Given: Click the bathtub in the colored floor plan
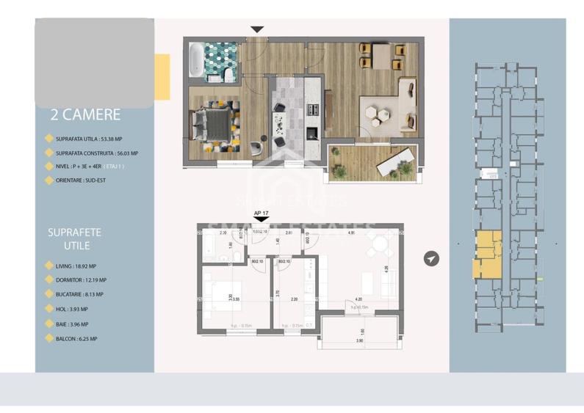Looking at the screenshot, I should [196, 59].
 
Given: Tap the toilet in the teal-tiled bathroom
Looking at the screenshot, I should [228, 75].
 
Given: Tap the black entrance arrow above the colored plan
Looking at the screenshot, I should [256, 29].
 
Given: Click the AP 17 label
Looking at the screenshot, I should [261, 215].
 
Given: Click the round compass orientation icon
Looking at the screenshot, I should [431, 258].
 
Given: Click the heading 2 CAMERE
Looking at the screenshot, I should [85, 115].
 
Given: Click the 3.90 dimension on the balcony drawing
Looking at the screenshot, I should [360, 341].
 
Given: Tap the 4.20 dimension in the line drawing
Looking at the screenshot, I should [358, 299].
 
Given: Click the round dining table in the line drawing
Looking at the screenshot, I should [379, 246].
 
